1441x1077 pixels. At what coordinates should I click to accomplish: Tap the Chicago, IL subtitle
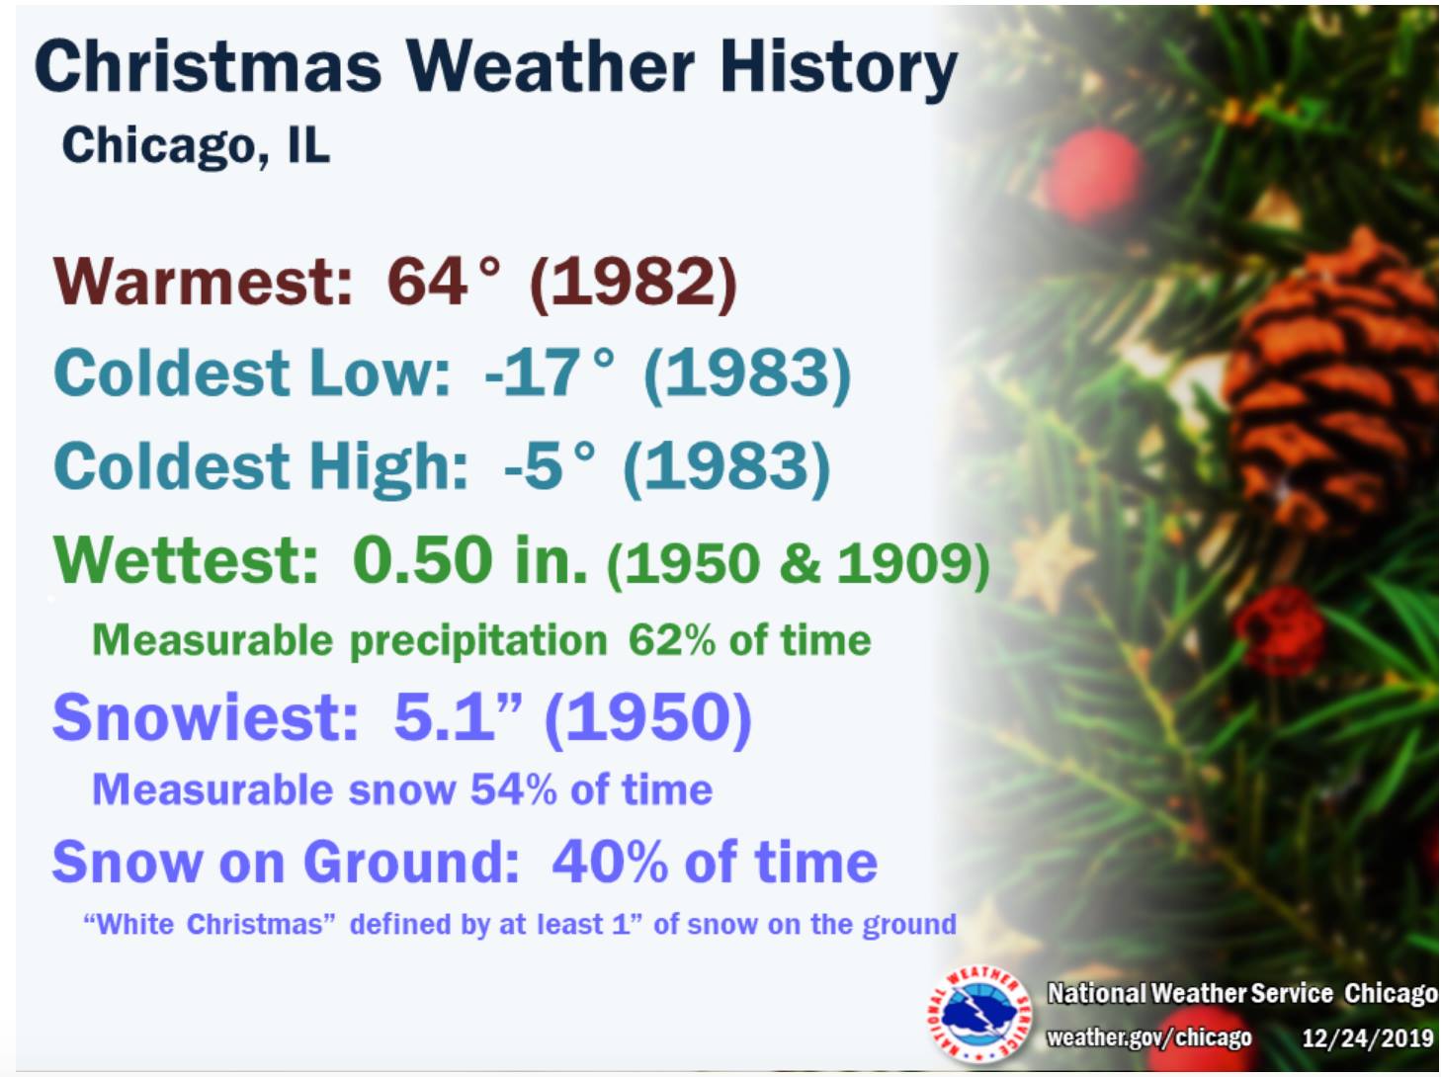196,145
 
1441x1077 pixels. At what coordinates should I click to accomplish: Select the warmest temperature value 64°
443,281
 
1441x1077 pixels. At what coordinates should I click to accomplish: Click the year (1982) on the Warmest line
633,283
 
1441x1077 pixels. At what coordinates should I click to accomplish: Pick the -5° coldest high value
550,465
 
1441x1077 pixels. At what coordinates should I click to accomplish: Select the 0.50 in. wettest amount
469,559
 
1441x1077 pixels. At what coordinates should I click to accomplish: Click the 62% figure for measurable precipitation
671,640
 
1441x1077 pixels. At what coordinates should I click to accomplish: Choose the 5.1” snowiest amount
458,716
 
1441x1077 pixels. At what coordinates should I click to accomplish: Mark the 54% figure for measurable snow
513,789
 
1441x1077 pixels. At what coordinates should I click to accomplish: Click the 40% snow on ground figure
610,862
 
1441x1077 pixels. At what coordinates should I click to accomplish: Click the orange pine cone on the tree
1326,380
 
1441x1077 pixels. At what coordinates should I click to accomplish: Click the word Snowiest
206,716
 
